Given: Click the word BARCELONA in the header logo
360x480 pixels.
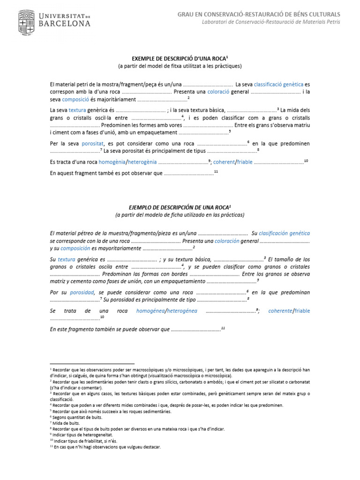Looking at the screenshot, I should pyautogui.click(x=65, y=23).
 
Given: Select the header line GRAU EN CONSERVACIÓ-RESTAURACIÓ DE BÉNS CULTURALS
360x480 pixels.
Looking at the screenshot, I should pyautogui.click(x=259, y=15).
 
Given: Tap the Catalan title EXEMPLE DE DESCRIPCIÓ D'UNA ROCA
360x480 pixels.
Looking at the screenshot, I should pyautogui.click(x=179, y=58).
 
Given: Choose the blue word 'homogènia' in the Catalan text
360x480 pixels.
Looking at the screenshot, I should pyautogui.click(x=112, y=162).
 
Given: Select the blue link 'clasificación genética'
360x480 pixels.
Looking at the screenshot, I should pyautogui.click(x=284, y=233).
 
